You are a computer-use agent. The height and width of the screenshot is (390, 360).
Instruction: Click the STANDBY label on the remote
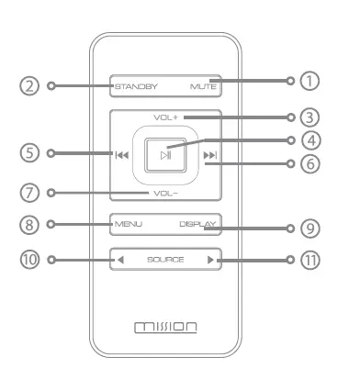click(136, 87)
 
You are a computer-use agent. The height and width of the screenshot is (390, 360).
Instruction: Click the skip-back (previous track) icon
click(121, 156)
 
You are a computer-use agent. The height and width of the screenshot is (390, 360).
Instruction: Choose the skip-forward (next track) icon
click(210, 156)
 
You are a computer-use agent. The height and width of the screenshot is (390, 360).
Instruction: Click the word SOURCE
click(165, 260)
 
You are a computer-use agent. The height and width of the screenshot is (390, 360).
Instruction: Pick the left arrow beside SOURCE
click(120, 260)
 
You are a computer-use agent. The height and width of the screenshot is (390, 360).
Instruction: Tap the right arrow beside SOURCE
click(210, 260)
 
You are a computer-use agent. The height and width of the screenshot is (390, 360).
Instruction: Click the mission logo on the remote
click(165, 327)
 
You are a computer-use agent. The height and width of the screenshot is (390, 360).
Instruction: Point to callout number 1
click(313, 81)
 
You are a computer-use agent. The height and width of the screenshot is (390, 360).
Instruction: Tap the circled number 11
click(313, 260)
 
